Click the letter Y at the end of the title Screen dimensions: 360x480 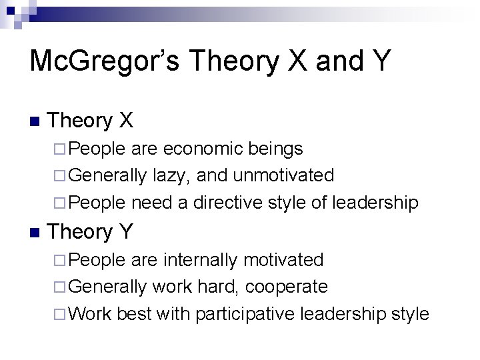(377, 61)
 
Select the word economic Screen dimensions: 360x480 (203, 148)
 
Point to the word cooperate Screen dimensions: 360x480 (287, 287)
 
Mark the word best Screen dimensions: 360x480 (134, 314)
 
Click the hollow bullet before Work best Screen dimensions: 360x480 (61, 314)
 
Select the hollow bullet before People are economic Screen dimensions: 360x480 (61, 148)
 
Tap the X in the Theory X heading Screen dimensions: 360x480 (126, 121)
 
